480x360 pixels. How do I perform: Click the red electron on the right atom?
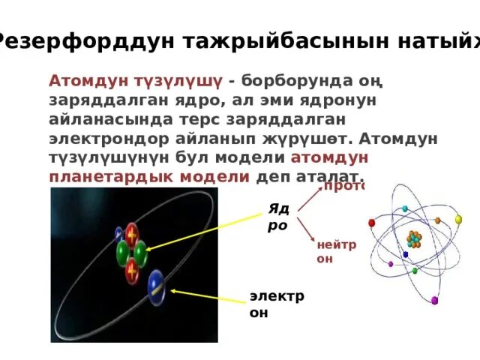coord(370,222)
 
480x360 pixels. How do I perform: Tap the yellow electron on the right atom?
coord(457,220)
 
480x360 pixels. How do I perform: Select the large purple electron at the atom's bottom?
coord(434,301)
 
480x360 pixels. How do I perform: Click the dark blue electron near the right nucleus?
coord(406,254)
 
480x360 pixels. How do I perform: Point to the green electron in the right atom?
coord(415,270)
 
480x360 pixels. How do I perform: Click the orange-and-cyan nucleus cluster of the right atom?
coord(414,239)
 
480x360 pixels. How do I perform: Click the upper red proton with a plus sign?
coord(133,234)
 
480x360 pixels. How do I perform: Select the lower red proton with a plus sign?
coord(136,267)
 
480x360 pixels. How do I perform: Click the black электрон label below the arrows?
coord(277,304)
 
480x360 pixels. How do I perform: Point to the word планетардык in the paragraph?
coord(148,175)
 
